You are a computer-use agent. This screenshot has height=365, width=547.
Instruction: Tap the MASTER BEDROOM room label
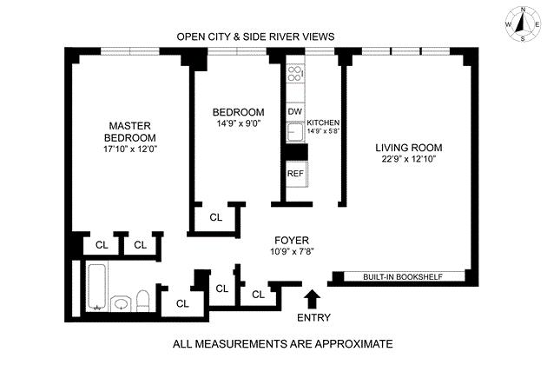130,131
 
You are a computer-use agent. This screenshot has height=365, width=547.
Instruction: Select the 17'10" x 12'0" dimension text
130,149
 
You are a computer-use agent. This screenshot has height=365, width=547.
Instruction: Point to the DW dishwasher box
295,111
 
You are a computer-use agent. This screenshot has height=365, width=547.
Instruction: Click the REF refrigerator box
295,173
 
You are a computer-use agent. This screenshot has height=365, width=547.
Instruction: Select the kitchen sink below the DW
295,132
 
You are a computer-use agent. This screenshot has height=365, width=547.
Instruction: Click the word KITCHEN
323,123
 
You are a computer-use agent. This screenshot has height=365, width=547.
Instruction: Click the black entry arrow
314,297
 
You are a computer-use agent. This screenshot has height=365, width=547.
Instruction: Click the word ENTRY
314,317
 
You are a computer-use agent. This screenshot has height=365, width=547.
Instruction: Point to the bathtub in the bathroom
96,287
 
